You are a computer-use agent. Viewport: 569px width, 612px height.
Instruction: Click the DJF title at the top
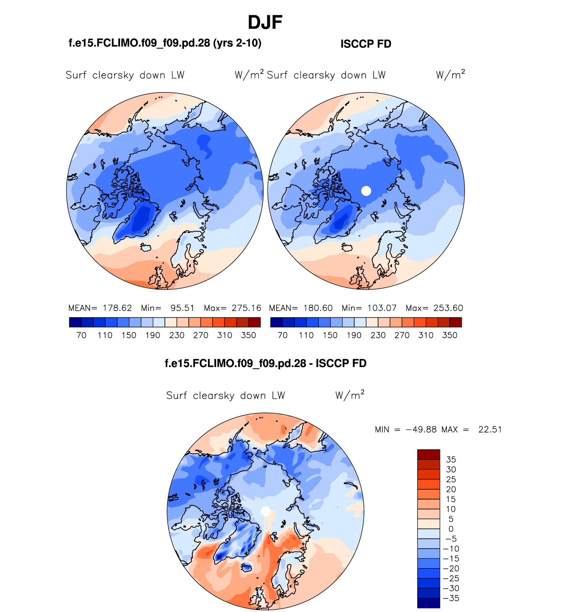coord(265,23)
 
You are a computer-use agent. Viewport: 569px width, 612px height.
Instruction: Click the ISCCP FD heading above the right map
coord(366,44)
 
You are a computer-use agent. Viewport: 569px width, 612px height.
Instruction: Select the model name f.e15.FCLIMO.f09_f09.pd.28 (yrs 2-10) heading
coord(165,43)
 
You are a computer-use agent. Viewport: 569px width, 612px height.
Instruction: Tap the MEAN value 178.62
coord(117,308)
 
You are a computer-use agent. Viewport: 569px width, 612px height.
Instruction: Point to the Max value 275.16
coord(246,308)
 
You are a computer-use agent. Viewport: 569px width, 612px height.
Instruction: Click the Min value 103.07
coord(382,308)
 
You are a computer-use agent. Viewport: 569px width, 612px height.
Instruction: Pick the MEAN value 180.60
coord(318,308)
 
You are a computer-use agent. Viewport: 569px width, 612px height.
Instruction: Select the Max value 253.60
coord(448,308)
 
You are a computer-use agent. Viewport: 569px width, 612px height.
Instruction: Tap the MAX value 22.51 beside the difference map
coord(490,429)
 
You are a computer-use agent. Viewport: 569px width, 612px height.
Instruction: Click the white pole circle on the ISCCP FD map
coord(366,191)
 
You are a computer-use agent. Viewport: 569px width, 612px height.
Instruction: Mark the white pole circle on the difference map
coord(265,511)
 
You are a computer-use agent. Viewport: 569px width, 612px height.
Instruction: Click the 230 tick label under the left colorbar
coord(177,335)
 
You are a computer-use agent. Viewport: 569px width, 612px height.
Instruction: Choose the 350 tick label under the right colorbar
coord(450,335)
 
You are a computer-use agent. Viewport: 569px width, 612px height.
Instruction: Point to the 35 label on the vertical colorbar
coord(451,460)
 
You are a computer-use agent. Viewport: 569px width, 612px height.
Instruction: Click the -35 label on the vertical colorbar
coord(451,598)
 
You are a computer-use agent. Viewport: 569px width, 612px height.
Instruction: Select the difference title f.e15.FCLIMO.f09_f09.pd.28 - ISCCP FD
coord(266,363)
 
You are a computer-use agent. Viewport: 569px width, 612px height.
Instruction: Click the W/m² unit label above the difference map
coord(350,395)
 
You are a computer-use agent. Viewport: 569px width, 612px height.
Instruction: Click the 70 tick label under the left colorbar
coord(81,335)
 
